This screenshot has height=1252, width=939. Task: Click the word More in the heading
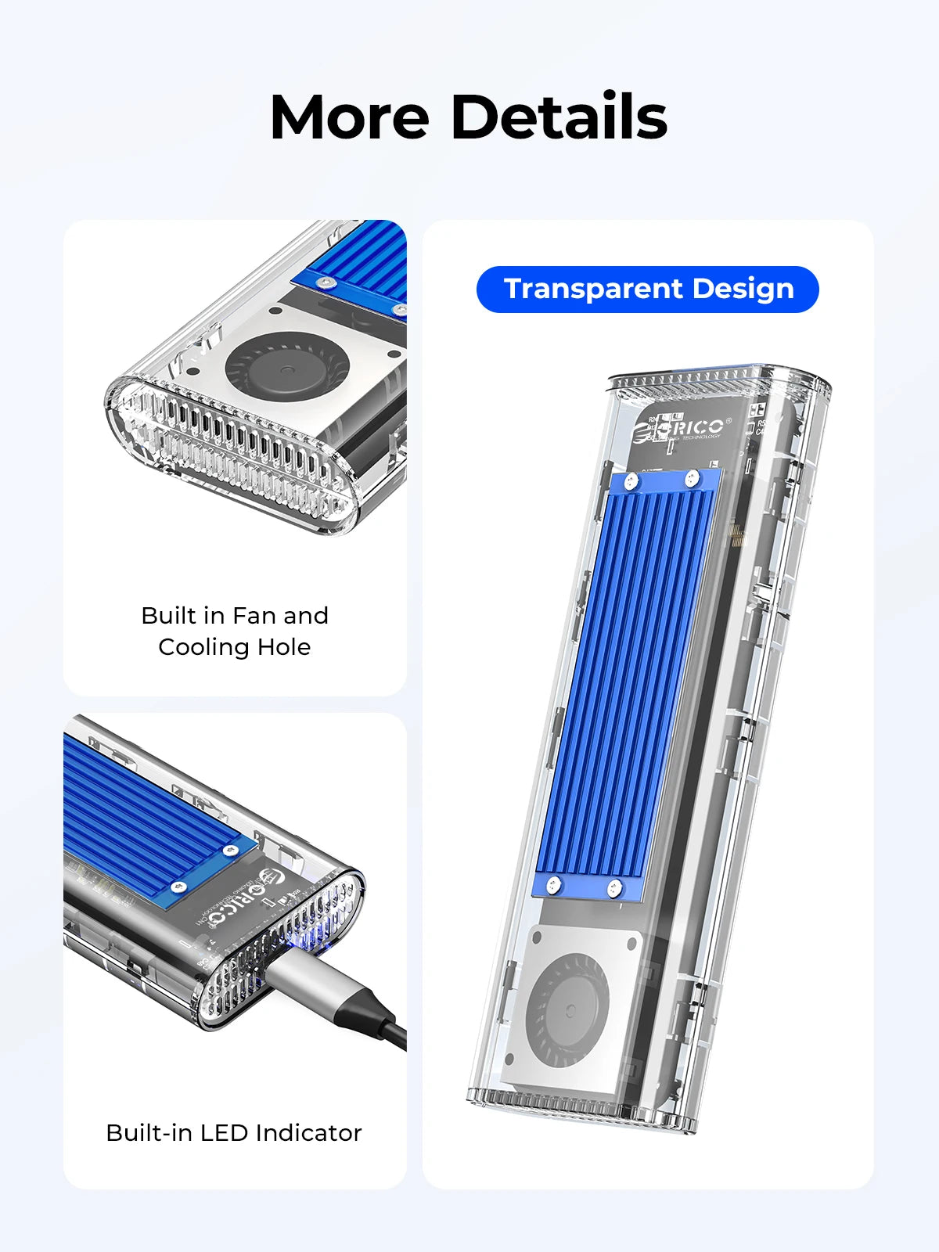[x=349, y=117]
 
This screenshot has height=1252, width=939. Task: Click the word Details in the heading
[x=559, y=117]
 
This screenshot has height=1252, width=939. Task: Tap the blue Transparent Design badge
[x=648, y=289]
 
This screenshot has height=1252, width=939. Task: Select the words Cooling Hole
[x=234, y=647]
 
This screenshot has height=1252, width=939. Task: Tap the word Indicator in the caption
[x=308, y=1132]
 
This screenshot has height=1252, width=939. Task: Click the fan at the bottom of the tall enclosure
[x=567, y=1012]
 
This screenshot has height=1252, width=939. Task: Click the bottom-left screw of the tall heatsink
[x=553, y=885]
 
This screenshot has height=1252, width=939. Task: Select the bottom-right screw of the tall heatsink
[x=614, y=888]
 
